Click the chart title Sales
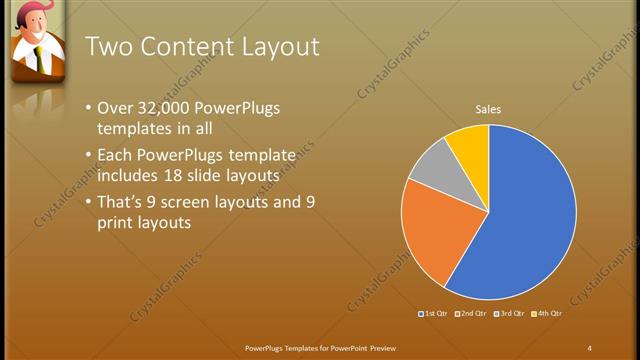[488, 109]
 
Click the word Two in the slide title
[107, 46]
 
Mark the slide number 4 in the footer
[589, 347]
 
